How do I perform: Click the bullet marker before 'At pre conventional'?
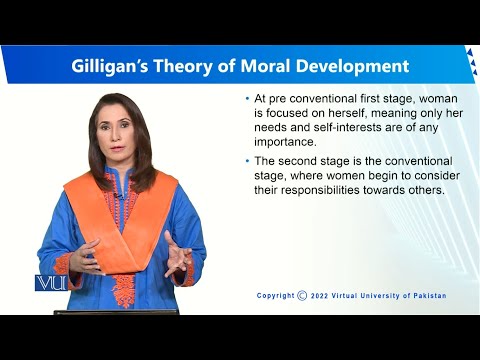coord(248,100)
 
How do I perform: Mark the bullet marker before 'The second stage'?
coord(248,162)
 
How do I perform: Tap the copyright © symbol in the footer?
coord(302,295)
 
